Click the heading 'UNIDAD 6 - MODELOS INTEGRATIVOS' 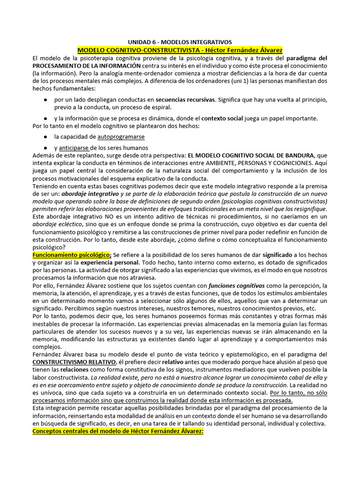coord(180,42)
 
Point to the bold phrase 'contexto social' coord(222,118)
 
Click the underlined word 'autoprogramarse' coord(121,137)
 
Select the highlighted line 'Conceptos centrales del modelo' coord(118,431)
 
